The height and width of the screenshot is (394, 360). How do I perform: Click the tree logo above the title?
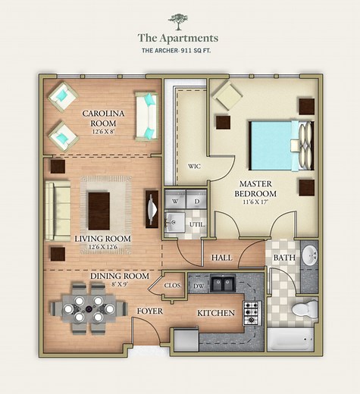point(179,20)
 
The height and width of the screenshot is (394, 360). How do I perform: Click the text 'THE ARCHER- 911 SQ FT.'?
point(178,52)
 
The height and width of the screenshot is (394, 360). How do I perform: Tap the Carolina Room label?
point(102,118)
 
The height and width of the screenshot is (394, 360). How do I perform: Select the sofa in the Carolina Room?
point(146,116)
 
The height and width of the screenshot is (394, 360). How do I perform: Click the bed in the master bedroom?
point(277,145)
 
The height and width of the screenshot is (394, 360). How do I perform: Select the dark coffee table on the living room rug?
point(99,210)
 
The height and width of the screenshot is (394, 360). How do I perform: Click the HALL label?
point(221,258)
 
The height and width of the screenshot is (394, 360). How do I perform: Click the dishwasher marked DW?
point(198,286)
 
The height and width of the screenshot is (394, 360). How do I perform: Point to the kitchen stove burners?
point(252,311)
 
